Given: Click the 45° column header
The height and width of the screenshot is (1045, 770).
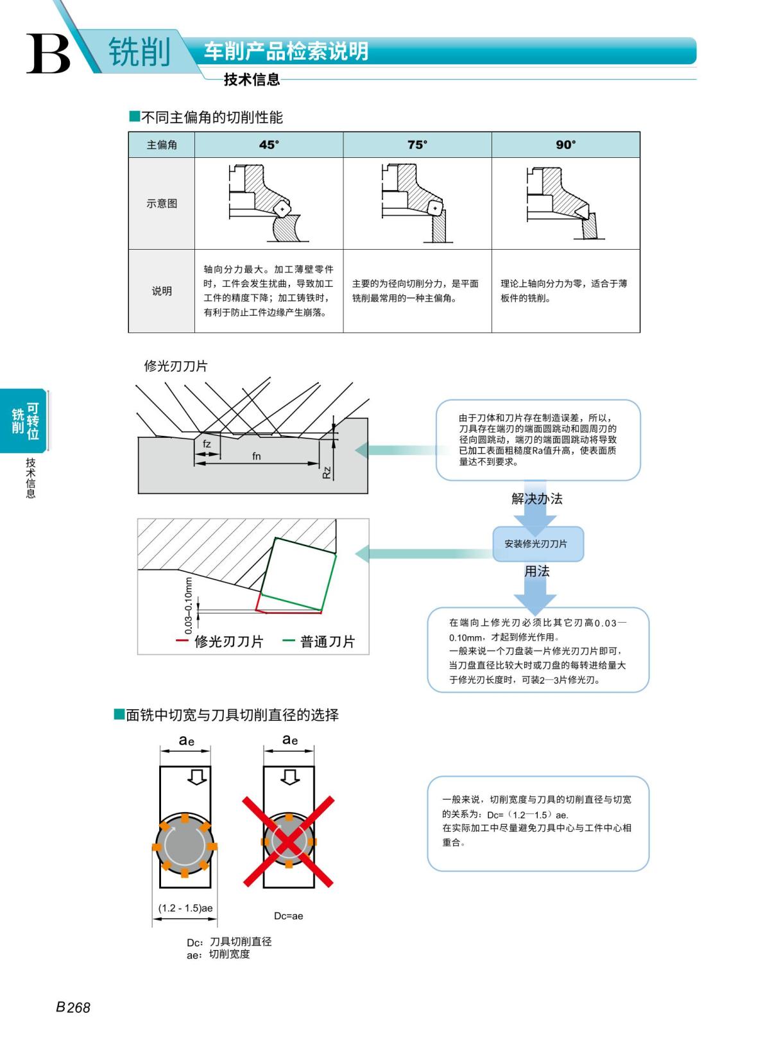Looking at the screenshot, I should coord(269,145).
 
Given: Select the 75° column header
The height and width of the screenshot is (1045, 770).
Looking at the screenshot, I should coord(417,145).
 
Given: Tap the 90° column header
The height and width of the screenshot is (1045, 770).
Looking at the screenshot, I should coord(565,145).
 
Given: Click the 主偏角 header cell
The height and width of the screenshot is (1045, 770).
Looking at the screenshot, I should coord(162,145).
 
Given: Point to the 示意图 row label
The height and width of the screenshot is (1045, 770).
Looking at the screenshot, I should coord(162,203).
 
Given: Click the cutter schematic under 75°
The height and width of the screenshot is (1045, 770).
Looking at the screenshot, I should coord(417,203).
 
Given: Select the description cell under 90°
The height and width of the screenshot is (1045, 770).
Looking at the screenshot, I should coord(565,291).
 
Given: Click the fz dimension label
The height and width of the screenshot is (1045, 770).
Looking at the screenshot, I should coord(207,444).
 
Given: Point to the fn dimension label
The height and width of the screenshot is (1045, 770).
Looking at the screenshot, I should coord(257,456).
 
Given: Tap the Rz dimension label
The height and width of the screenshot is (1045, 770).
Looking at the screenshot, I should coord(327,472).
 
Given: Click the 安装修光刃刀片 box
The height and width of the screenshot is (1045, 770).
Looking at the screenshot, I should coord(537,544).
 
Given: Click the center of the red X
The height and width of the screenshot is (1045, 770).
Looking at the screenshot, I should coord(288,842).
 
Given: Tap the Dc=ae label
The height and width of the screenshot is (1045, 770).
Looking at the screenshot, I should coord(288,916).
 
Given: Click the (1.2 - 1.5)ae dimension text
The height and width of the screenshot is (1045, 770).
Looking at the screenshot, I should coord(185,908).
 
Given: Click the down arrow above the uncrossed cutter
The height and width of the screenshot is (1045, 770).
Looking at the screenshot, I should coord(197,777).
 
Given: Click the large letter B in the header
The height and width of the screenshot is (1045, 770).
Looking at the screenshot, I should coord(48,54).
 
